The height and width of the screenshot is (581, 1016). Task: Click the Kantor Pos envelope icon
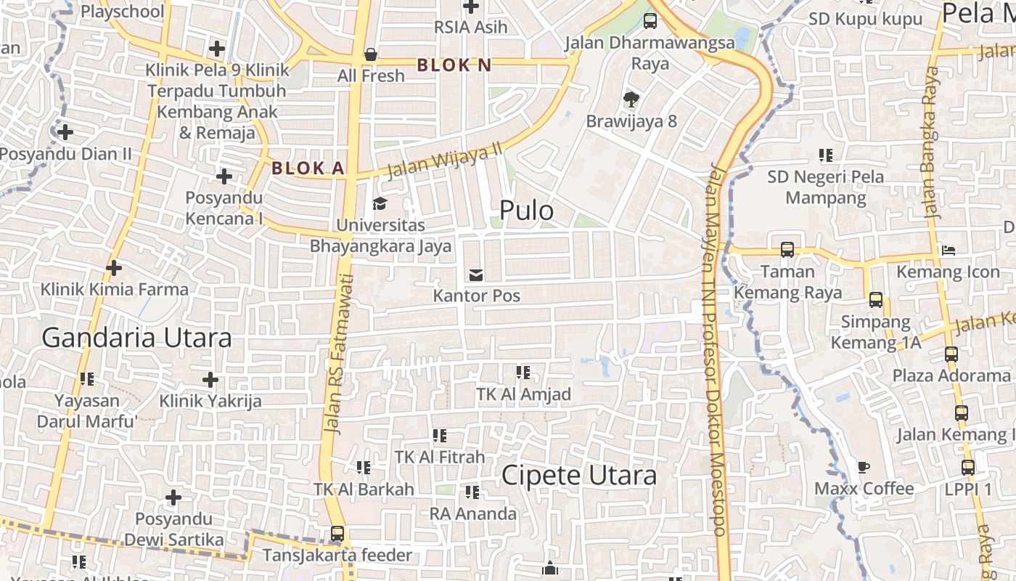pos(476,275)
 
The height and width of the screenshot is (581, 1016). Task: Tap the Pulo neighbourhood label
pos(526,211)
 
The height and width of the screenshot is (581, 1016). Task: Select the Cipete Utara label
pos(579,476)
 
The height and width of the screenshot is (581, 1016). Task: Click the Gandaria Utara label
pos(136,338)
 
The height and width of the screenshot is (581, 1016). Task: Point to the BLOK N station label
pos(454,65)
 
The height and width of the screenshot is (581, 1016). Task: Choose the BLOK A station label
pos(308,168)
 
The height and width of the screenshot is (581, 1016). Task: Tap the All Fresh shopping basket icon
pos(371,54)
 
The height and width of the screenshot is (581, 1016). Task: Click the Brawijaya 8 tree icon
pos(631,99)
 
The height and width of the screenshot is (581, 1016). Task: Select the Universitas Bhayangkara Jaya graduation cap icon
pos(380,203)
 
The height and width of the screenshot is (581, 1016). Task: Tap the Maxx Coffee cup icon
pos(864,467)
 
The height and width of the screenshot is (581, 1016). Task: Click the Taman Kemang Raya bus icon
pos(787,250)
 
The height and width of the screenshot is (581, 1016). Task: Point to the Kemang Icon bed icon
pos(948,251)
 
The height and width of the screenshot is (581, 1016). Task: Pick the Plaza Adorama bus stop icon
pos(951,354)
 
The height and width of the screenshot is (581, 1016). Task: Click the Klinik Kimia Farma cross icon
pos(114,268)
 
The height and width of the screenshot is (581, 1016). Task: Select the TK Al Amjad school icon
pos(523,373)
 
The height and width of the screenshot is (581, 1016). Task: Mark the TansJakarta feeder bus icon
pos(337,534)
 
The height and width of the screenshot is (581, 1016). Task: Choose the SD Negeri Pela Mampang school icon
pos(826,155)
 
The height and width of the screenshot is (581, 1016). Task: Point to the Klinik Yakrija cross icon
pos(210,379)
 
